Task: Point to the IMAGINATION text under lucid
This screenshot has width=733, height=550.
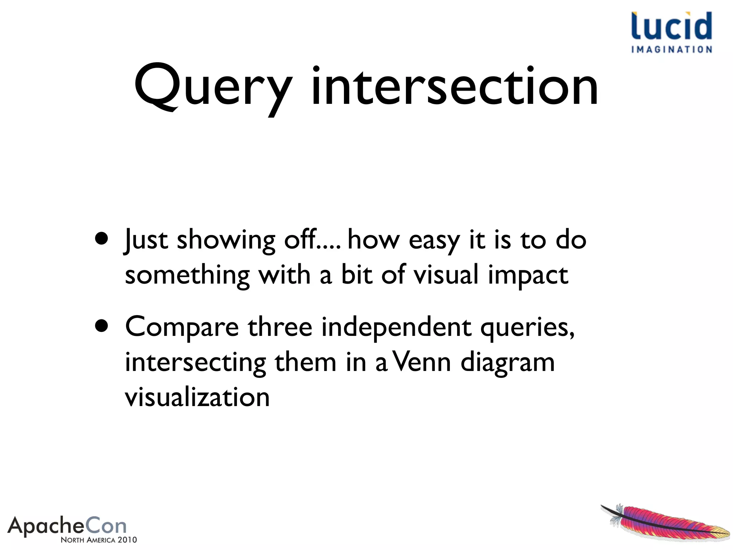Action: (x=671, y=49)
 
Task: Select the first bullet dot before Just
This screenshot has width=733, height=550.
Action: (x=102, y=238)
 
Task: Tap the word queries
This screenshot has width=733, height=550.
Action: (x=526, y=327)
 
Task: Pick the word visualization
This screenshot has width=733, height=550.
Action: (x=197, y=397)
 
